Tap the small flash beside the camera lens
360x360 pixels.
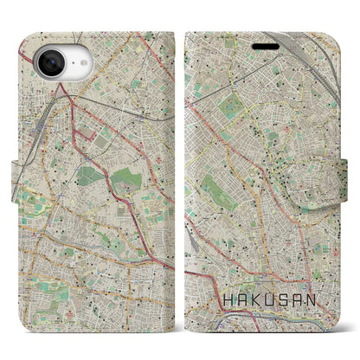69,53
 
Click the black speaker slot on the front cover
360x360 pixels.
267,44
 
